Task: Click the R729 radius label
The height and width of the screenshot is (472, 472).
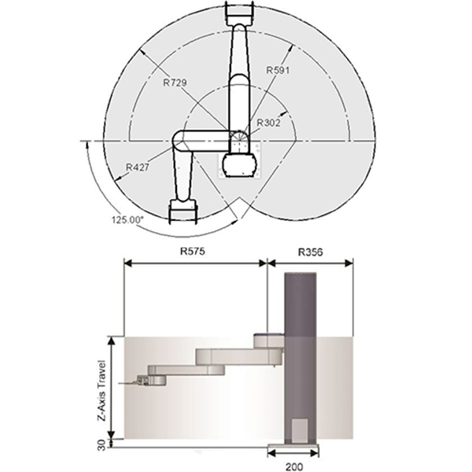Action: [x=175, y=82]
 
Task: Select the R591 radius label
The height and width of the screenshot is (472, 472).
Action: [x=278, y=70]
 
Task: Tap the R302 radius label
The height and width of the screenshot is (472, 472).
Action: [x=268, y=123]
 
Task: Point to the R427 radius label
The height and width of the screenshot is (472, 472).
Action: [x=137, y=167]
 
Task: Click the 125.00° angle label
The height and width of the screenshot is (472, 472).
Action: [x=127, y=219]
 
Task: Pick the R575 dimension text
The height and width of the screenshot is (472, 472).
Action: [x=193, y=251]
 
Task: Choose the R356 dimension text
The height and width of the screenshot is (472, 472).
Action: [x=311, y=252]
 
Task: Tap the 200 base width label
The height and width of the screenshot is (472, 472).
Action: [x=294, y=466]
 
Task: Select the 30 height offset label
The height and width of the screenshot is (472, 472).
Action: [x=102, y=445]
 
